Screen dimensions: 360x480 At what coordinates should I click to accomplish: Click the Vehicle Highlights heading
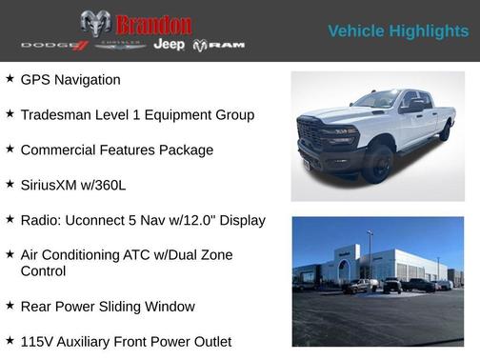click(398, 31)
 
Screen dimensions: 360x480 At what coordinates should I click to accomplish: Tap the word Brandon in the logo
click(152, 25)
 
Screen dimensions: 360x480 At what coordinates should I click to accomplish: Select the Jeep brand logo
click(169, 45)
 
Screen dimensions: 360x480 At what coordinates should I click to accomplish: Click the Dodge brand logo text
click(50, 46)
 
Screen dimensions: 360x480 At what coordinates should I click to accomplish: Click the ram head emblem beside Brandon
click(95, 24)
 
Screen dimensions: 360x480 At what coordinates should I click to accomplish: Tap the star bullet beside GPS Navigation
click(10, 79)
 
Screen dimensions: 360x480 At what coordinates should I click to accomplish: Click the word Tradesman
click(60, 115)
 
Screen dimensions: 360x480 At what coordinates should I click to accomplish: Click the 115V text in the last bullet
click(38, 341)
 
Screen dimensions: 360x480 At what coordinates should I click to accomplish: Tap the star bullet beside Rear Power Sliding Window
click(10, 306)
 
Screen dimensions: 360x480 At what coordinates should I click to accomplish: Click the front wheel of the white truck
click(375, 163)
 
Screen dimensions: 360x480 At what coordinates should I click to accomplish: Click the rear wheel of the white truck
click(444, 131)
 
